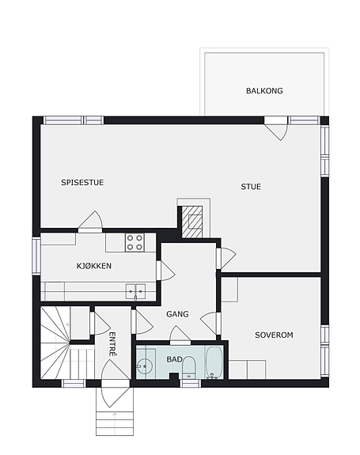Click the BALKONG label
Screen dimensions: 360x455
[x=264, y=91]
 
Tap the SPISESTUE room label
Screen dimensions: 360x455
[x=82, y=183]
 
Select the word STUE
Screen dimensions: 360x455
[x=251, y=187]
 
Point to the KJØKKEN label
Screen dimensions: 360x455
[x=94, y=266]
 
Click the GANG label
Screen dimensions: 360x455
[x=177, y=314]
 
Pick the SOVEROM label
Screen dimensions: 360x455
[x=274, y=336]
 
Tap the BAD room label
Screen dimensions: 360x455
[x=174, y=359]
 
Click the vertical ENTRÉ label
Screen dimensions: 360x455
[x=112, y=344]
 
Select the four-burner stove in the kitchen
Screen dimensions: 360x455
[x=135, y=243]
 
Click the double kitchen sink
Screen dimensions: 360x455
[x=135, y=292]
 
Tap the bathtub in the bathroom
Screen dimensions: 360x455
[x=214, y=362]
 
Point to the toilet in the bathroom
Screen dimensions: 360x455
[x=189, y=367]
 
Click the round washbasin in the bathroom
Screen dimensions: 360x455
[x=143, y=366]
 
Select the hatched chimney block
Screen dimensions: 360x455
[x=191, y=222]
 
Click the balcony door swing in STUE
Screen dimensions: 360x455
[x=277, y=129]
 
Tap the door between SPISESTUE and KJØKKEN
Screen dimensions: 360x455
[x=90, y=222]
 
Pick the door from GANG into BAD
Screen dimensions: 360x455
[x=180, y=335]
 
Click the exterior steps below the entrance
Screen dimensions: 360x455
[x=115, y=419]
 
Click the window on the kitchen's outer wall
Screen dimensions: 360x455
[x=36, y=256]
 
